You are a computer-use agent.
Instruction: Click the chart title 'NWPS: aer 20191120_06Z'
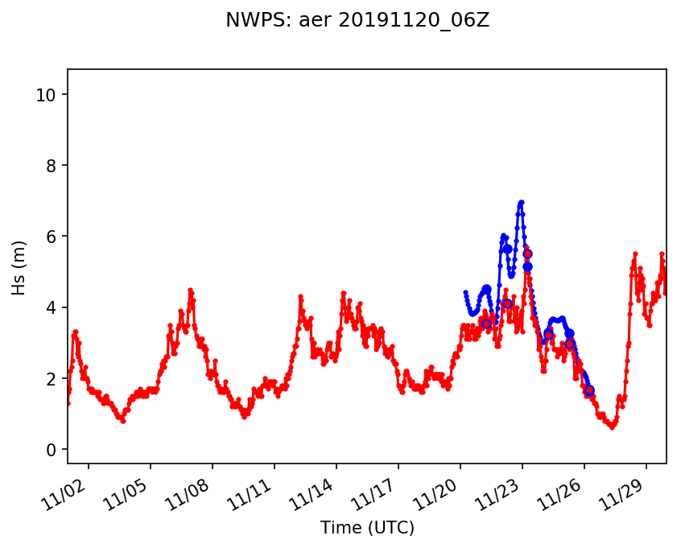coord(357,21)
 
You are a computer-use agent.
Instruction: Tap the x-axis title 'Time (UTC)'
coord(367,528)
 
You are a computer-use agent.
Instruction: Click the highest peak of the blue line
coord(522,202)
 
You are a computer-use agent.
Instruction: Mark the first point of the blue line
coord(465,292)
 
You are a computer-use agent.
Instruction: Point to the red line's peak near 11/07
coord(190,290)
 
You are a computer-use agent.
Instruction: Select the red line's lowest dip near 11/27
coord(612,426)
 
